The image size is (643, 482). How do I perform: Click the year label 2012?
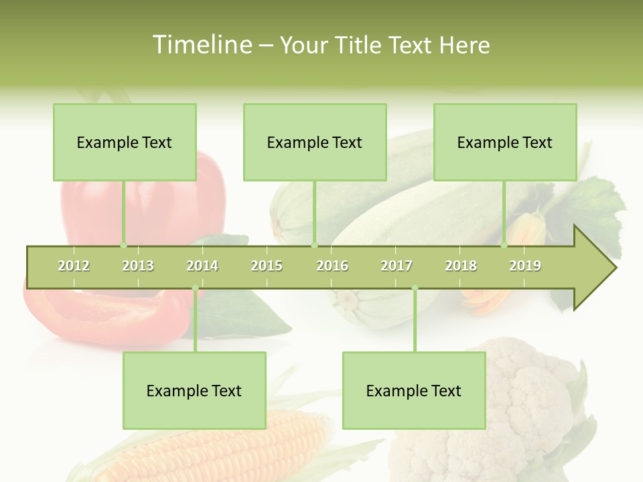[74, 266]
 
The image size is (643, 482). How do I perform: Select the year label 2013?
[138, 266]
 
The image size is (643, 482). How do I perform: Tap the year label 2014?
[202, 266]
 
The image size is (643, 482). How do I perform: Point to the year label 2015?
[267, 266]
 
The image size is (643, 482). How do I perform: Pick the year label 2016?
[332, 266]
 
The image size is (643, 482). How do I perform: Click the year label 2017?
[397, 266]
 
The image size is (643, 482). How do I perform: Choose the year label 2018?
[461, 266]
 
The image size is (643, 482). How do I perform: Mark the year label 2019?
[525, 266]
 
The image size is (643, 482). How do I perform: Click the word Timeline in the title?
[201, 45]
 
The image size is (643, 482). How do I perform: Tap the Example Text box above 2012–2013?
[125, 142]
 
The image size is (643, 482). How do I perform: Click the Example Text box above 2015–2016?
[315, 142]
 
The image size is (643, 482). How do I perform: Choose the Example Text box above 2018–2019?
[505, 142]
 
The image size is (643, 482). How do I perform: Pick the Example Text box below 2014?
[194, 390]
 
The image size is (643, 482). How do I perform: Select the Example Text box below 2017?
[414, 390]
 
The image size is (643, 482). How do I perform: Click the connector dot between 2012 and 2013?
[123, 246]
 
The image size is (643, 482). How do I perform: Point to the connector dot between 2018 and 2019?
[504, 246]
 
